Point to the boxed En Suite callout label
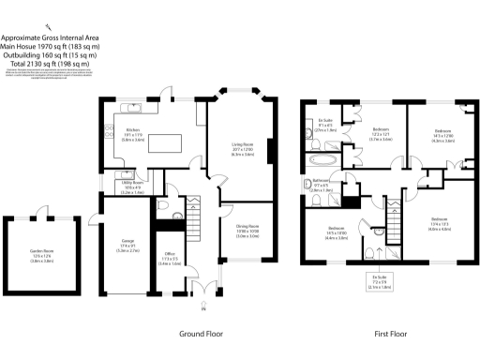pyautogui.click(x=379, y=282)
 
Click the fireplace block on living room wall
pyautogui.click(x=270, y=151)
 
